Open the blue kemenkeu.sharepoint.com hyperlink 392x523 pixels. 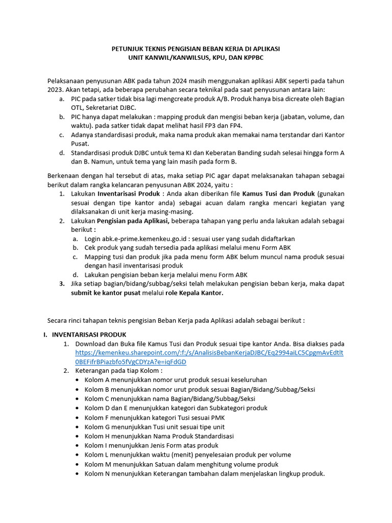[x=209, y=352]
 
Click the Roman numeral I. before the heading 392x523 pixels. [x=45, y=335]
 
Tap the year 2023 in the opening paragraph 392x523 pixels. [x=56, y=89]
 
